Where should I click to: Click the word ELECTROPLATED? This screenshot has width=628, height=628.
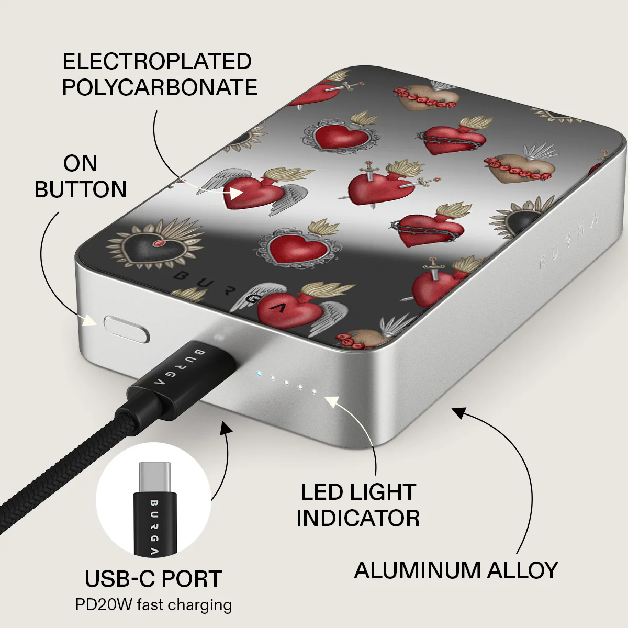click(x=157, y=61)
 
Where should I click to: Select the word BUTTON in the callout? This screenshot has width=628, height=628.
click(x=81, y=189)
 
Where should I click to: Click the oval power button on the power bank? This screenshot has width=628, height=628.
click(x=127, y=329)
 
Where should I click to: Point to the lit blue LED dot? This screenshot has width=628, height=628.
click(x=259, y=373)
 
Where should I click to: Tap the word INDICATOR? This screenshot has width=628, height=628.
click(x=358, y=518)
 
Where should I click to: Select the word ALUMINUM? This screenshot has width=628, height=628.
click(x=417, y=570)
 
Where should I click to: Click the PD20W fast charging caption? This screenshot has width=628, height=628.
click(x=153, y=605)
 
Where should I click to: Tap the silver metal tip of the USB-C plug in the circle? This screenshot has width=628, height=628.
click(x=154, y=478)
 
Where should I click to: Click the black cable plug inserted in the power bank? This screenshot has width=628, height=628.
click(x=183, y=377)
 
